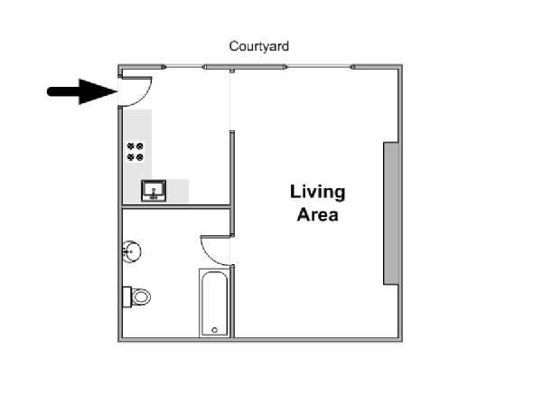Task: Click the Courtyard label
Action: pyautogui.click(x=259, y=46)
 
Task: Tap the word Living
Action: pyautogui.click(x=317, y=193)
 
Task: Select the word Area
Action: pyautogui.click(x=317, y=215)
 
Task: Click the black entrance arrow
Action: pyautogui.click(x=82, y=91)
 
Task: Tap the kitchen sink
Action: pyautogui.click(x=154, y=191)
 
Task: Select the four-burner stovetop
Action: pyautogui.click(x=135, y=152)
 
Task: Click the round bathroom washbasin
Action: pyautogui.click(x=132, y=251)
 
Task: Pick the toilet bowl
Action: pyautogui.click(x=142, y=297)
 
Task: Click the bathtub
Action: pyautogui.click(x=214, y=303)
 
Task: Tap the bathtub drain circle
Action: pyautogui.click(x=215, y=330)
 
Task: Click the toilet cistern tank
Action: pyautogui.click(x=126, y=297)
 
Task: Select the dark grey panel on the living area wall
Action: pyautogui.click(x=391, y=213)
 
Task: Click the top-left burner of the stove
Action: pyautogui.click(x=131, y=146)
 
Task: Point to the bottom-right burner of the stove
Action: pyautogui.click(x=140, y=157)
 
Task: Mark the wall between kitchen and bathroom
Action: pyautogui.click(x=176, y=207)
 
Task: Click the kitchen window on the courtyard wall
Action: pyautogui.click(x=184, y=67)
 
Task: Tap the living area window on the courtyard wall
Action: pyautogui.click(x=319, y=67)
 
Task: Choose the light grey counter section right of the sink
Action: pyautogui.click(x=178, y=191)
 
